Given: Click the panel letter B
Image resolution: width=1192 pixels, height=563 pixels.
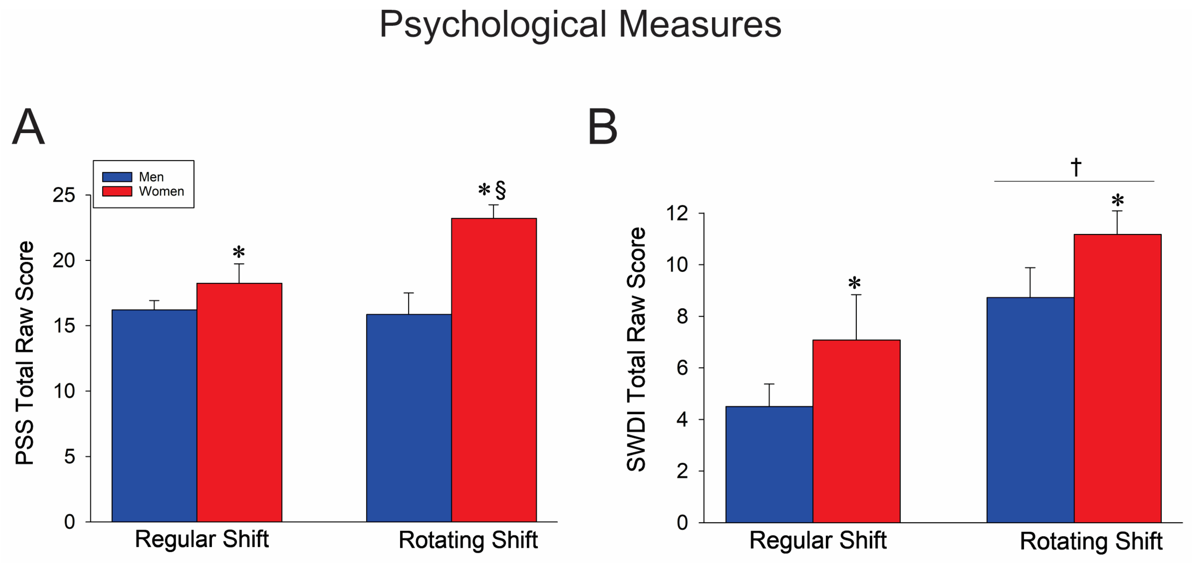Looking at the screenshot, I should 602,127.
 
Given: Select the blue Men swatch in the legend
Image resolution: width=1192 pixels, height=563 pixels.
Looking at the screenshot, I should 117,177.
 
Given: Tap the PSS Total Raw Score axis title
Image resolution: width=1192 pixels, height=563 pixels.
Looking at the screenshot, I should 25,353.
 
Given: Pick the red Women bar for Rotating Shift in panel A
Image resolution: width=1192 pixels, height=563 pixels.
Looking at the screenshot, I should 494,370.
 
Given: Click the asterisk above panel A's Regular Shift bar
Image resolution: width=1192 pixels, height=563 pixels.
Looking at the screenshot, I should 239,253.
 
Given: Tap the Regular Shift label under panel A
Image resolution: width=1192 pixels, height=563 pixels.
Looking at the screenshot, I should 202,539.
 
